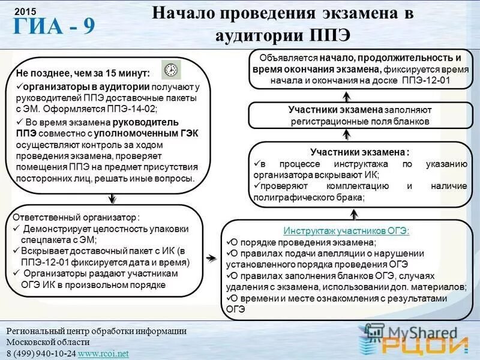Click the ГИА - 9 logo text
point(53,27)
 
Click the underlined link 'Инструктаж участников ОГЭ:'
point(347,230)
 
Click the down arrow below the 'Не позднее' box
point(112,198)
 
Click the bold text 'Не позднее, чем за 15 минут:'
point(83,73)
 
